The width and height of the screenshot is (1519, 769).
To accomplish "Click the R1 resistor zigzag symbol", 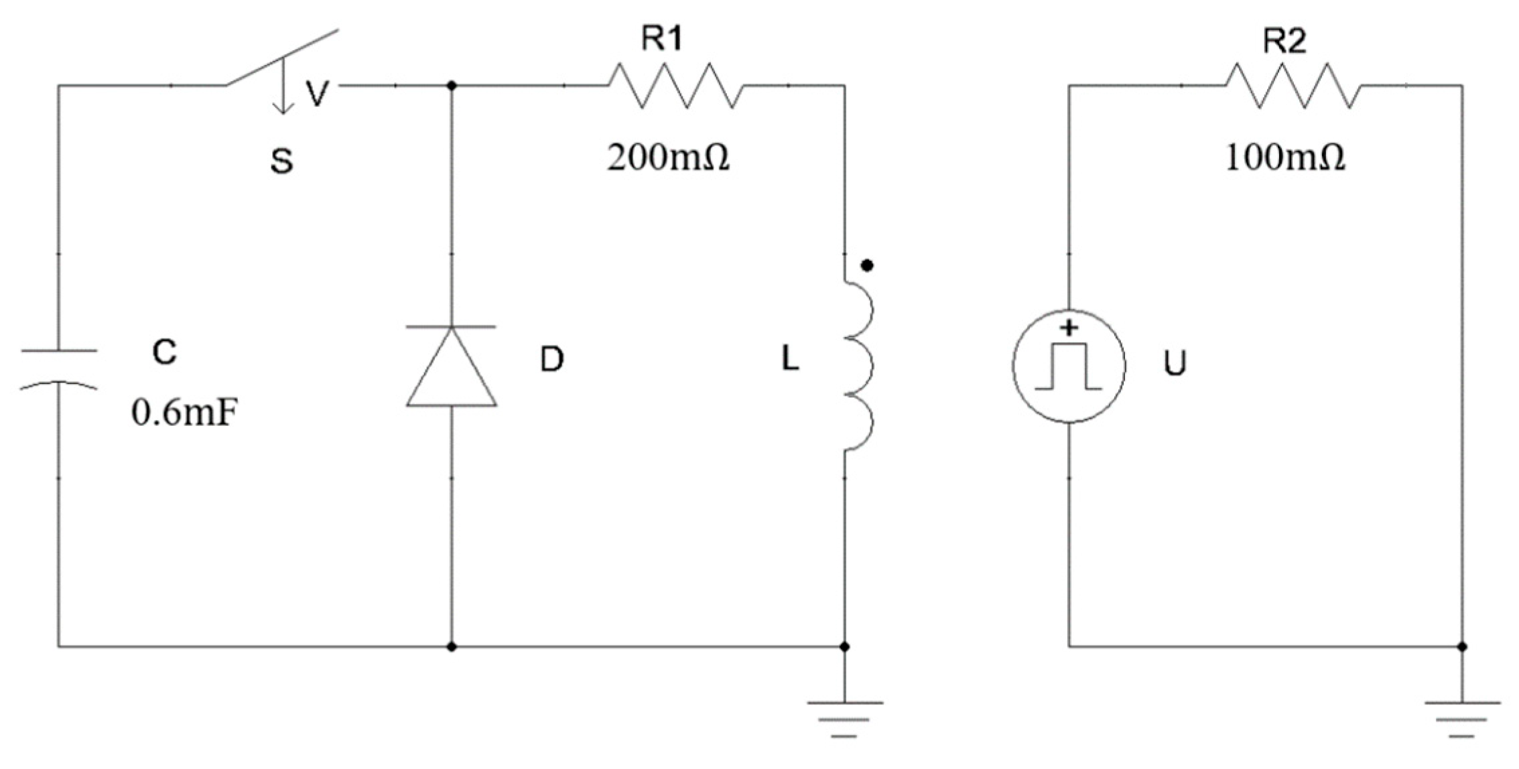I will click(x=675, y=86).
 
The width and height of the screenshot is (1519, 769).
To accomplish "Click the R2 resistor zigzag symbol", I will click(x=1293, y=86).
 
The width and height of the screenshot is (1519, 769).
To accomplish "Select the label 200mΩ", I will click(x=668, y=159).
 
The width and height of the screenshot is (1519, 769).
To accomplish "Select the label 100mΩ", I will click(x=1284, y=159).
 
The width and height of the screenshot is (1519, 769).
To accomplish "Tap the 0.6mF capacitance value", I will click(x=184, y=413).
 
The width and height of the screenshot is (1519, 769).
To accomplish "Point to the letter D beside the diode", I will click(x=552, y=360).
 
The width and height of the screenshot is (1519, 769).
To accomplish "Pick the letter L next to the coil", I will click(x=790, y=360).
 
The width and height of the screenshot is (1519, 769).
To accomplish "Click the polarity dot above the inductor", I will click(x=867, y=266).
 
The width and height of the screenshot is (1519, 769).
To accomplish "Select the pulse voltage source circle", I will click(x=1069, y=366).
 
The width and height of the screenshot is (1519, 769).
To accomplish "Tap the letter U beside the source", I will click(x=1175, y=364).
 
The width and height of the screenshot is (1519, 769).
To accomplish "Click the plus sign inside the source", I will click(x=1069, y=328).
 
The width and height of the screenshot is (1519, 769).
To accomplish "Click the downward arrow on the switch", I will click(x=283, y=87).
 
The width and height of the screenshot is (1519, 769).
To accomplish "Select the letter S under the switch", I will click(x=281, y=161).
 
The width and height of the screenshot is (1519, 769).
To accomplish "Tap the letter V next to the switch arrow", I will click(x=316, y=93).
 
